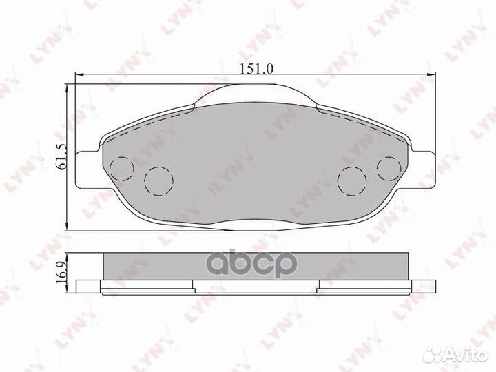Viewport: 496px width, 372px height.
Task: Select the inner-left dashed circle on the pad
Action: [x=157, y=180]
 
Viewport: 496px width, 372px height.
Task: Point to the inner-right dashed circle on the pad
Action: [x=353, y=180]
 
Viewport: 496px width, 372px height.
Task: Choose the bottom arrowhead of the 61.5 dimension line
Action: [x=67, y=228]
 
